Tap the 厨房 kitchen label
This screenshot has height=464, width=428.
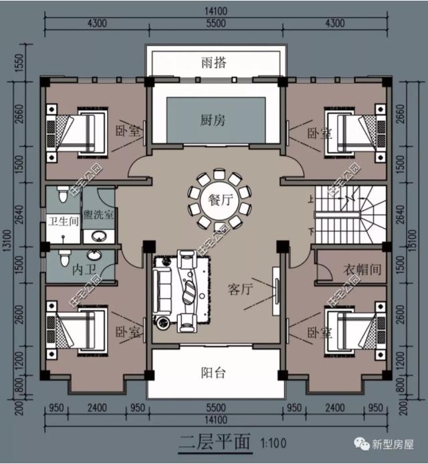tap(214, 120)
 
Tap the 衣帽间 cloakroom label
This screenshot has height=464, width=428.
tap(362, 270)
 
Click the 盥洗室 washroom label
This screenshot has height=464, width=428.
tap(99, 215)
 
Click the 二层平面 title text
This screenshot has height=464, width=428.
tap(215, 443)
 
